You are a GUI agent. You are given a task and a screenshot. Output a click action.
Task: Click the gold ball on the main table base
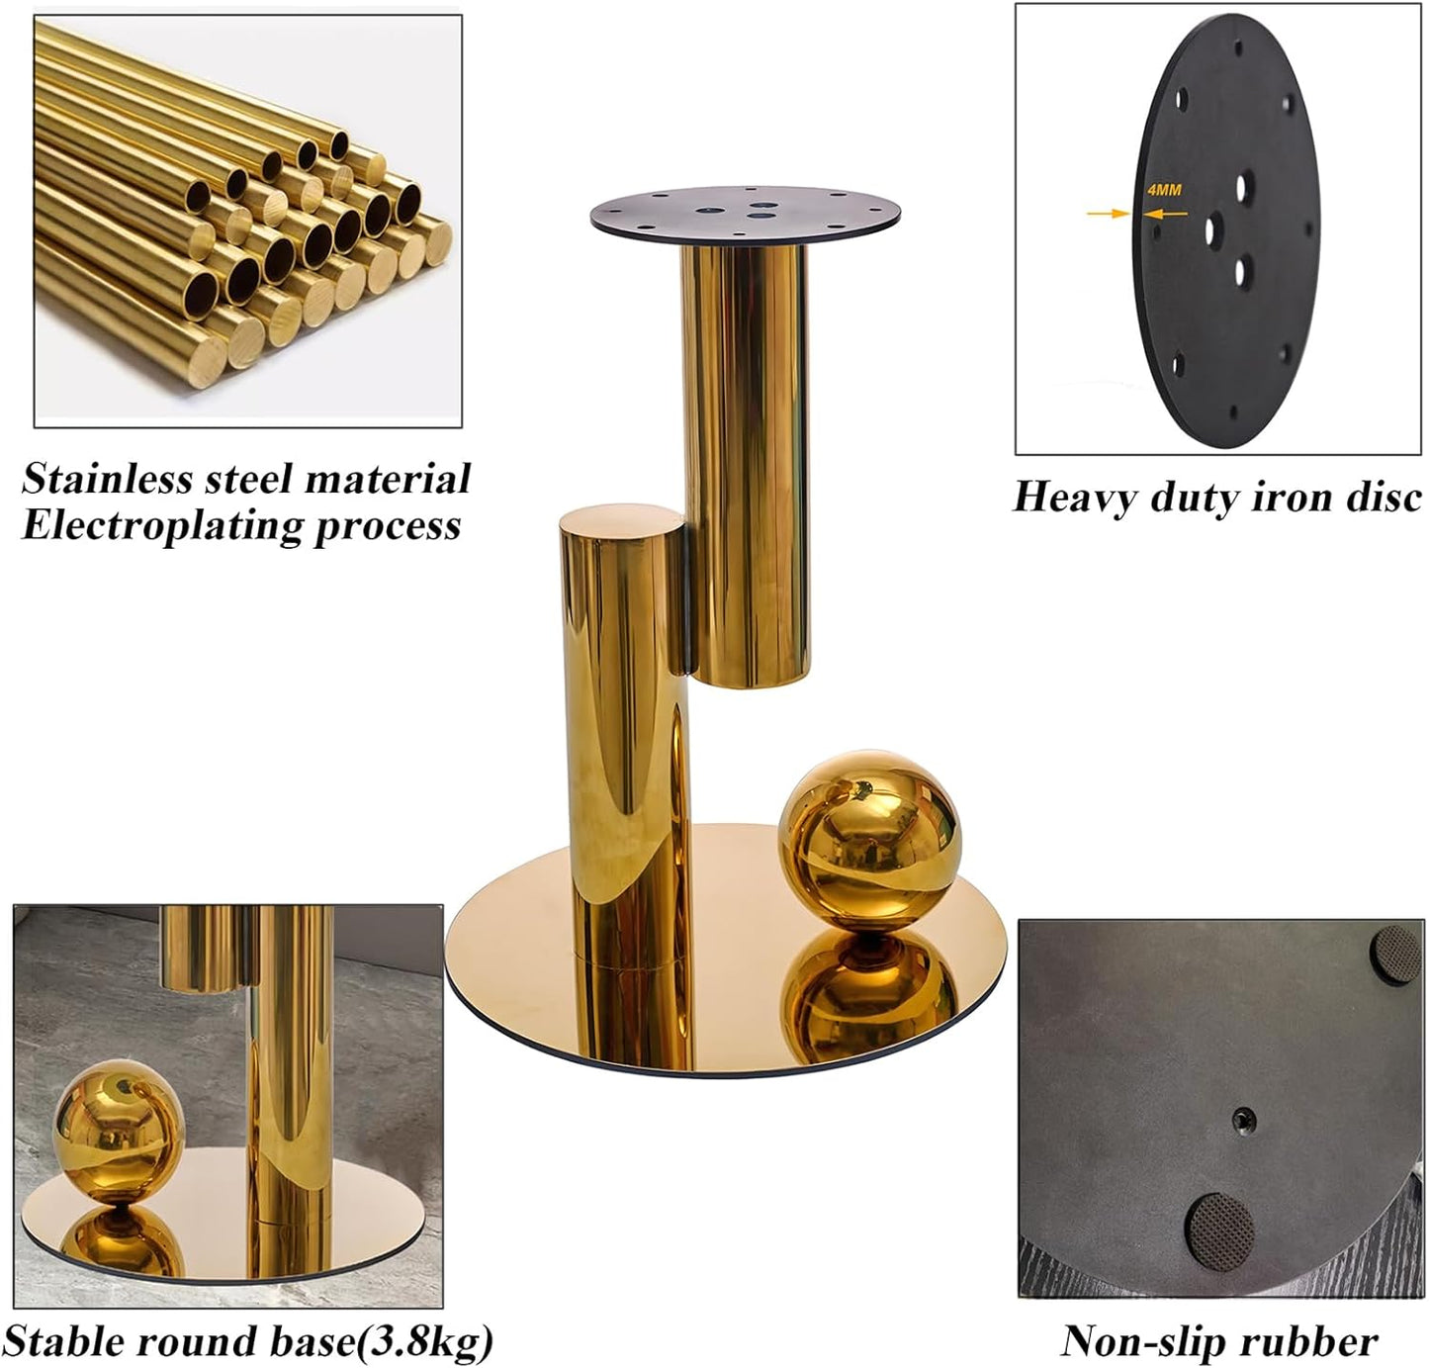pos(869,841)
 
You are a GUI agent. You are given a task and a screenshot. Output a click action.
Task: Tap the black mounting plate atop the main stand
pos(746,216)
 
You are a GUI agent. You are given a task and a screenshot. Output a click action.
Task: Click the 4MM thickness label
pos(1165,190)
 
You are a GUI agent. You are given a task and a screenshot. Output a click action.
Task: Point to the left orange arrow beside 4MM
pos(1108,214)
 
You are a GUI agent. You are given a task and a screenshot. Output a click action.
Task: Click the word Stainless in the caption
pos(107,479)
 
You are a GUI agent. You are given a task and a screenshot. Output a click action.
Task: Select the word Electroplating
pos(162,526)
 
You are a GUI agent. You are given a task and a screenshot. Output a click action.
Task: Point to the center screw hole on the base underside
pos(1243,1120)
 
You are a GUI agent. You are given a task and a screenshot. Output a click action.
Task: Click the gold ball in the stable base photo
pos(119,1127)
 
